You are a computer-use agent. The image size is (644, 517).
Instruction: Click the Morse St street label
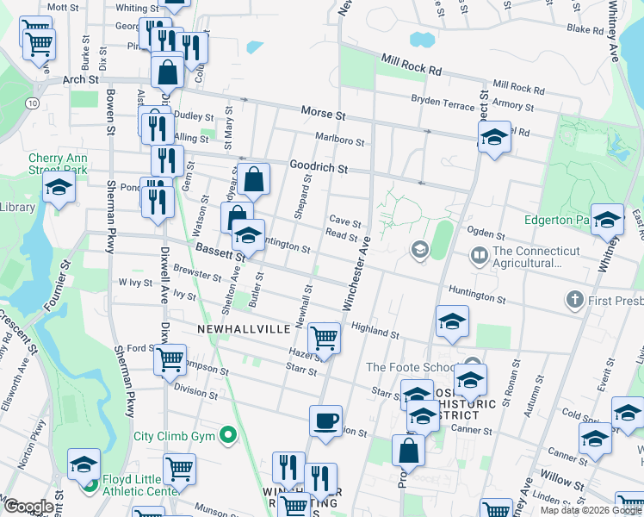pyautogui.click(x=323, y=113)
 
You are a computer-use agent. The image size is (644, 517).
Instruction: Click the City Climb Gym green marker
pyautogui.click(x=228, y=435)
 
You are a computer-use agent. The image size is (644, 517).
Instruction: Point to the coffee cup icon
pyautogui.click(x=325, y=420)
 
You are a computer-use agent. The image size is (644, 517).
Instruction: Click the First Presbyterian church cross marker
pyautogui.click(x=574, y=300)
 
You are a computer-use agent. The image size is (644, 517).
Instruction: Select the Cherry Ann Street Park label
pyautogui.click(x=58, y=164)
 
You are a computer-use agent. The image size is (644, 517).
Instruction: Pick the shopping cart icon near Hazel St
pyautogui.click(x=324, y=337)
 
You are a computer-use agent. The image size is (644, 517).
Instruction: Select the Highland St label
pyautogui.click(x=375, y=329)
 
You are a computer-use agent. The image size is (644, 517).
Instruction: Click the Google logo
pyautogui.click(x=28, y=506)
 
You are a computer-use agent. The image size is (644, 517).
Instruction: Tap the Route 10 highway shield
pyautogui.click(x=32, y=103)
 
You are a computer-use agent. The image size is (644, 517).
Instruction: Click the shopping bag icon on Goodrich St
pyautogui.click(x=255, y=179)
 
